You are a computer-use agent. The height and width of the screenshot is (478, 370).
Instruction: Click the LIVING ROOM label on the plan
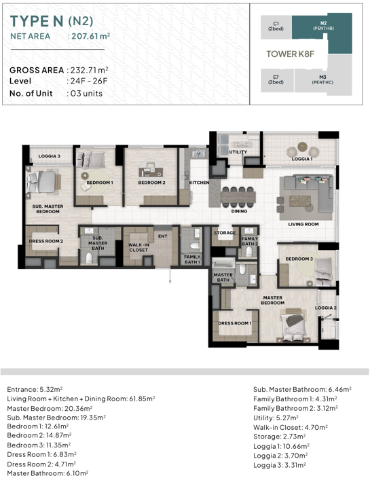pyautogui.click(x=303, y=224)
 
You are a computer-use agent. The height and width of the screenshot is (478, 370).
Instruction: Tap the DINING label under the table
pyautogui.click(x=239, y=211)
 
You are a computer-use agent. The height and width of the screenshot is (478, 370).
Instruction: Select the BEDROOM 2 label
pyautogui.click(x=151, y=183)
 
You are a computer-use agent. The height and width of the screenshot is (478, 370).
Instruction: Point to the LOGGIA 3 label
pyautogui.click(x=49, y=156)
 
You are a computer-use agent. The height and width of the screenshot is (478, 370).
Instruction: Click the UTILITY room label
pyautogui.click(x=238, y=152)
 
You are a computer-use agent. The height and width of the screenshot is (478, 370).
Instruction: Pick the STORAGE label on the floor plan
pyautogui.click(x=225, y=233)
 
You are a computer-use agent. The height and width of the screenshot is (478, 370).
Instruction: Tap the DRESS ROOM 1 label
pyautogui.click(x=235, y=323)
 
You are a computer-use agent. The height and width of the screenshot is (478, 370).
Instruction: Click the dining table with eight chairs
pyautogui.click(x=238, y=197)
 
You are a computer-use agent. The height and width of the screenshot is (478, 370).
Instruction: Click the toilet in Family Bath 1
pyautogui.click(x=194, y=246)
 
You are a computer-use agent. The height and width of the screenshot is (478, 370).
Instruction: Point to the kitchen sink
pyautogui.click(x=199, y=153)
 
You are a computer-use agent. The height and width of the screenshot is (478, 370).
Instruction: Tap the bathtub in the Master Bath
pyautogui.click(x=223, y=263)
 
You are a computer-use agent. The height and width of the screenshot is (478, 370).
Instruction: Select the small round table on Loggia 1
pyautogui.click(x=303, y=147)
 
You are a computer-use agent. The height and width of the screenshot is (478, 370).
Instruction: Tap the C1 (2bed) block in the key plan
pyautogui.click(x=276, y=27)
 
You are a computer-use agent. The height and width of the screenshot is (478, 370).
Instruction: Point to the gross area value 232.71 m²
pyautogui.click(x=90, y=70)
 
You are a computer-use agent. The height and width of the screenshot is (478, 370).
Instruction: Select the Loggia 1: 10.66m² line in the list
pyautogui.click(x=281, y=446)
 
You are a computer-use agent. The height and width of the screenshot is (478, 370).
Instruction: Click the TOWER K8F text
pyautogui.click(x=290, y=54)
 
